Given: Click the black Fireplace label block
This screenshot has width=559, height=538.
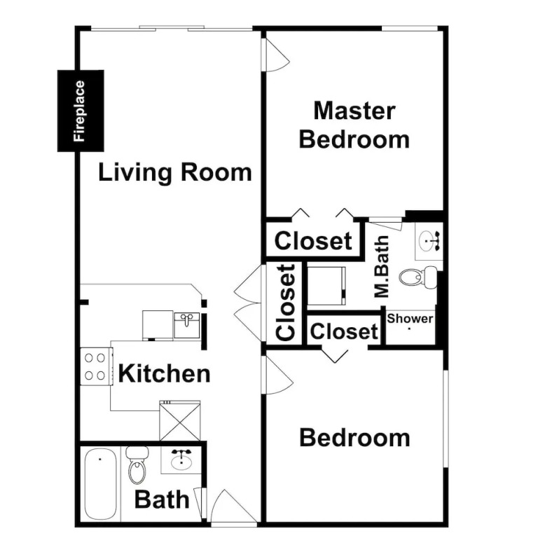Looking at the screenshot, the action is (x=81, y=111).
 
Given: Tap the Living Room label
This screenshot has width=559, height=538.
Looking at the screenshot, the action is (x=174, y=172).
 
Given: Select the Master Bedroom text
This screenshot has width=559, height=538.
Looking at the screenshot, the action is (x=354, y=125).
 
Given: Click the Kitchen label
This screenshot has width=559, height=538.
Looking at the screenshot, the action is (x=164, y=373).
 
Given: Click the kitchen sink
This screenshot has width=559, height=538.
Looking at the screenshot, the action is (x=187, y=325).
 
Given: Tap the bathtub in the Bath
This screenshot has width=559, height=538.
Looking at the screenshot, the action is (x=101, y=483).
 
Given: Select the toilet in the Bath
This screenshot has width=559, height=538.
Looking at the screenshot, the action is (x=137, y=464).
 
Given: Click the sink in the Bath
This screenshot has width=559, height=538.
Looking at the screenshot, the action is (x=181, y=460).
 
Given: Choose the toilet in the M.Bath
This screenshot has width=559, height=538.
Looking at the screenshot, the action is (x=417, y=277).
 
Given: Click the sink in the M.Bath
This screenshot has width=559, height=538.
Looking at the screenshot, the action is (x=429, y=241).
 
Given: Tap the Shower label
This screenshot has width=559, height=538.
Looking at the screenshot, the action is (x=410, y=318).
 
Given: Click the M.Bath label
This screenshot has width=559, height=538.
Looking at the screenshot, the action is (x=382, y=266).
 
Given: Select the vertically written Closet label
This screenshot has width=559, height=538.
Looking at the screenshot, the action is (x=286, y=303).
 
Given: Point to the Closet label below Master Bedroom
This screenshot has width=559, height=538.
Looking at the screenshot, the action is (x=313, y=241).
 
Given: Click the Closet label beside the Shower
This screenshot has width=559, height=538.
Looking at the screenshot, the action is (x=344, y=331).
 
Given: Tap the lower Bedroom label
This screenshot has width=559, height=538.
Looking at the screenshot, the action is (x=354, y=437).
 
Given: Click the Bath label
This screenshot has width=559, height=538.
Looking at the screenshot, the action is (x=162, y=499).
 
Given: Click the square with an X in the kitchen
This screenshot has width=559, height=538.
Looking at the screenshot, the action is (x=180, y=420).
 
